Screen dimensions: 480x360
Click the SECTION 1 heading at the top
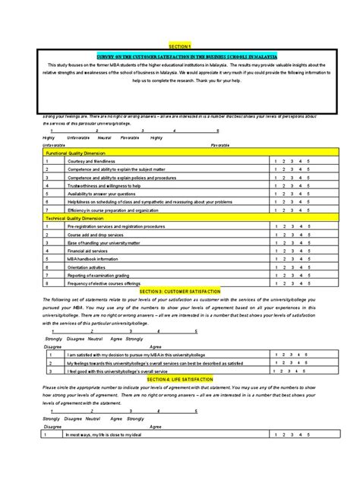pos(180,46)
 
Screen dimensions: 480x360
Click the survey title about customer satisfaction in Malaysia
pos(180,56)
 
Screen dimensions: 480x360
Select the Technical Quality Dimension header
pos(80,217)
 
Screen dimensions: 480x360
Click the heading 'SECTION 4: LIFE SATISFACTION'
pos(180,377)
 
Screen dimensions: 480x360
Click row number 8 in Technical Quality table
pos(46,285)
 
